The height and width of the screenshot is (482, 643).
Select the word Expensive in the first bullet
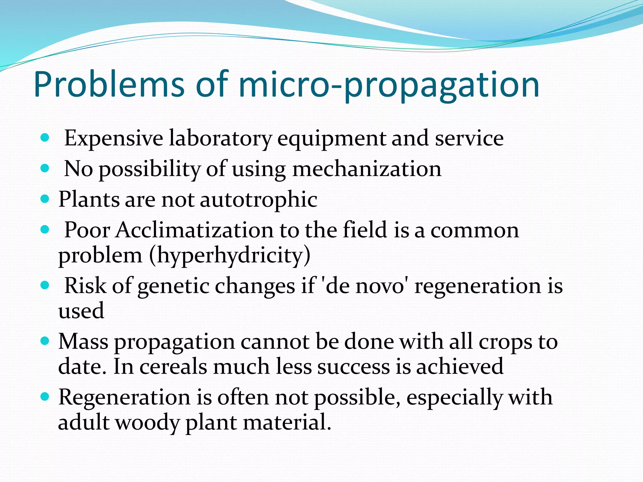pyautogui.click(x=114, y=138)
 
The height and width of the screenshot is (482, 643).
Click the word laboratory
pyautogui.click(x=220, y=138)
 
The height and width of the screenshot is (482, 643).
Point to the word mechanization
pyautogui.click(x=367, y=169)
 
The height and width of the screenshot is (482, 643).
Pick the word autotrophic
pyautogui.click(x=258, y=199)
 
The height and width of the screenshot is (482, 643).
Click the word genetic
pyautogui.click(x=173, y=286)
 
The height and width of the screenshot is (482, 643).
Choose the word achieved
pyautogui.click(x=460, y=366)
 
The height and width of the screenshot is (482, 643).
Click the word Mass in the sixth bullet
pyautogui.click(x=83, y=341)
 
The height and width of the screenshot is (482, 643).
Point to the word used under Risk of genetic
pyautogui.click(x=81, y=311)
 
